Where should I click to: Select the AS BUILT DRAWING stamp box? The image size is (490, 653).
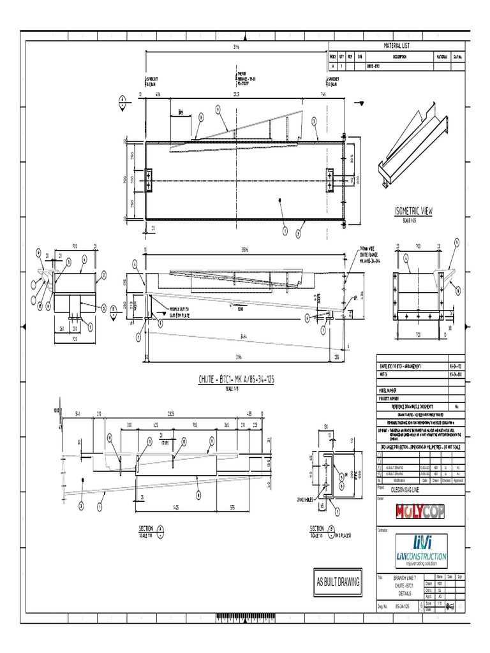click(x=338, y=582)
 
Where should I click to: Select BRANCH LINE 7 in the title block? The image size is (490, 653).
click(x=399, y=578)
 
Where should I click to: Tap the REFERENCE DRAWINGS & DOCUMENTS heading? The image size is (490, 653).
click(x=412, y=406)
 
